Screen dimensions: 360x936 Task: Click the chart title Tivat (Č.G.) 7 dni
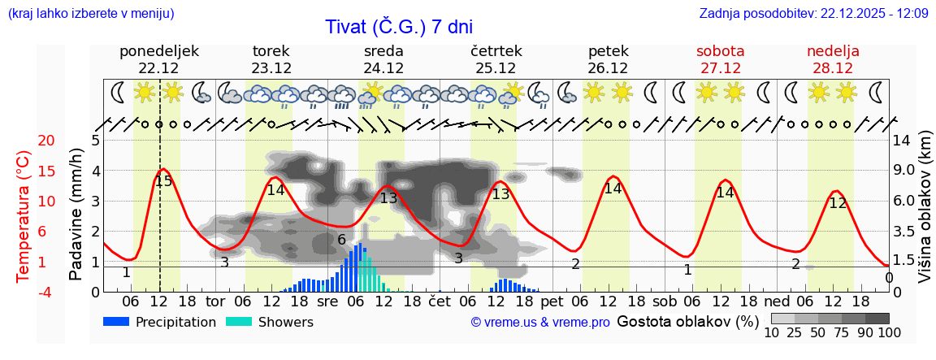pyautogui.click(x=398, y=27)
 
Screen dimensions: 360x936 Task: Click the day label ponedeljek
pyautogui.click(x=159, y=51)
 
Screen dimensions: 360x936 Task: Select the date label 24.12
pyautogui.click(x=383, y=68)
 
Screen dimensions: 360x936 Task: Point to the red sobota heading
pyautogui.click(x=721, y=51)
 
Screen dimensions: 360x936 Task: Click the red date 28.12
pyautogui.click(x=833, y=68)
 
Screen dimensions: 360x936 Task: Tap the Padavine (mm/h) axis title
pyautogui.click(x=76, y=215)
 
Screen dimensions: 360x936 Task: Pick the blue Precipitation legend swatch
pyautogui.click(x=117, y=322)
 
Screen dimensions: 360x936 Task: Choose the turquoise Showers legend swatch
pyautogui.click(x=239, y=322)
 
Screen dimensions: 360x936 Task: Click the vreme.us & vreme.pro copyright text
pyautogui.click(x=540, y=322)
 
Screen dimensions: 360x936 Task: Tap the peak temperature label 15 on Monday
pyautogui.click(x=163, y=181)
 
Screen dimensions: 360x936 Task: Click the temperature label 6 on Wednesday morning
pyautogui.click(x=341, y=240)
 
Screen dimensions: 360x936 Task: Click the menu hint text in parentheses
pyautogui.click(x=90, y=13)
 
